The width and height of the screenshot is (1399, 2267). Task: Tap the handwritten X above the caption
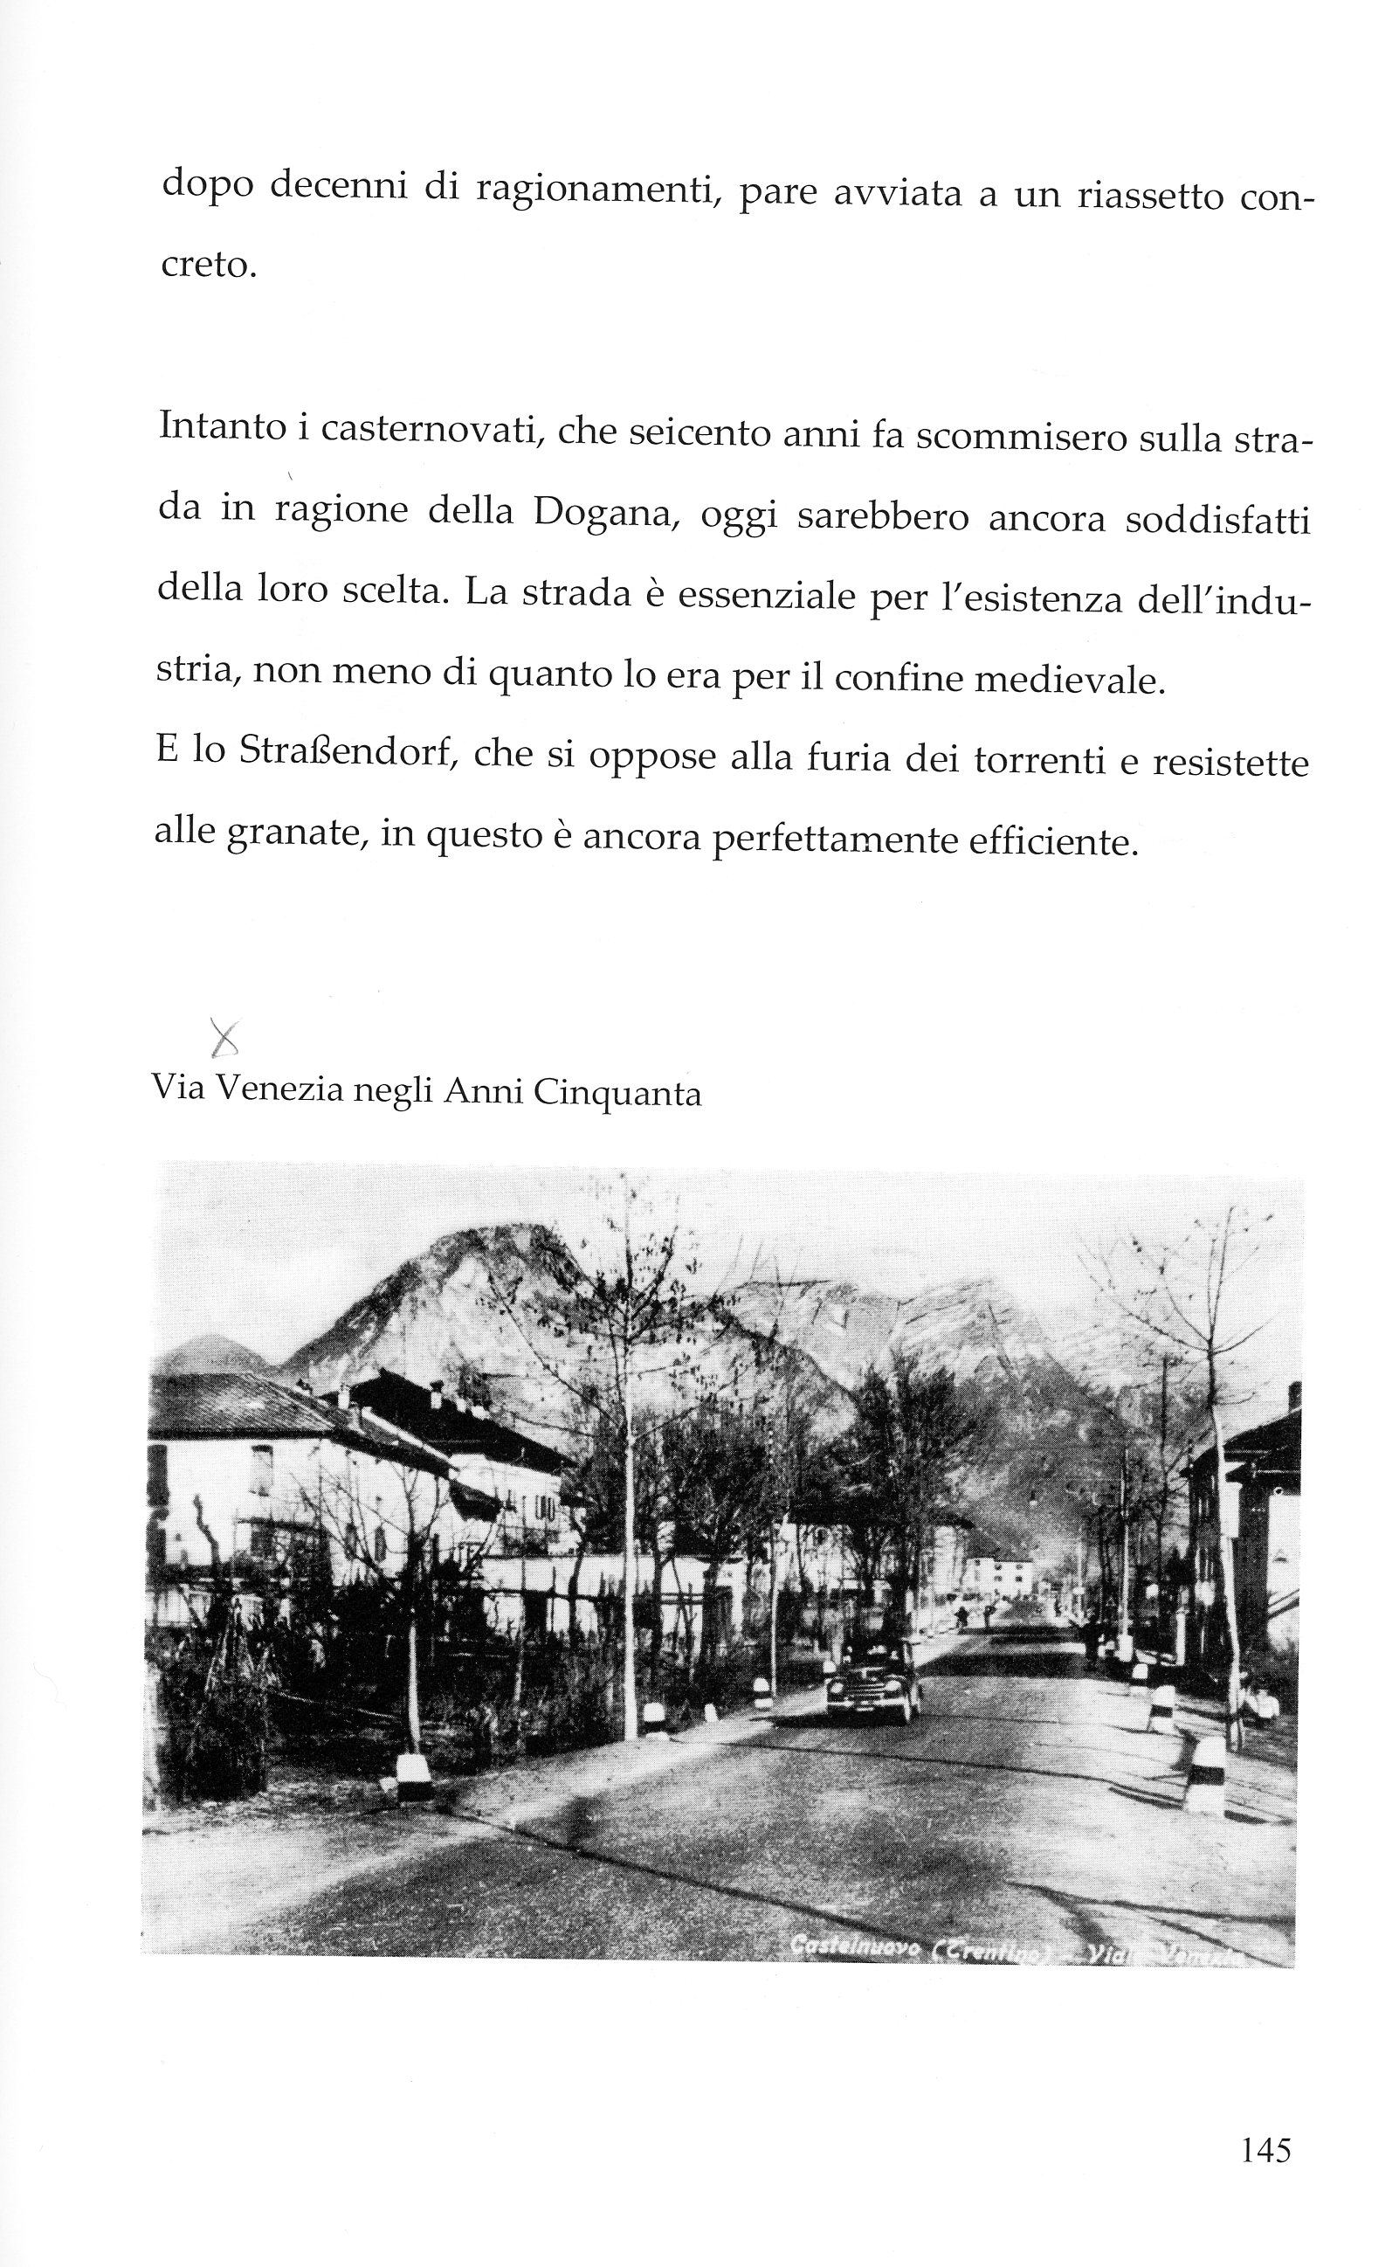pos(224,1038)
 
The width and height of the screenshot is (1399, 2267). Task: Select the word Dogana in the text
pos(606,512)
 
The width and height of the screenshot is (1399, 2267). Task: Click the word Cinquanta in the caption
pos(617,1094)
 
